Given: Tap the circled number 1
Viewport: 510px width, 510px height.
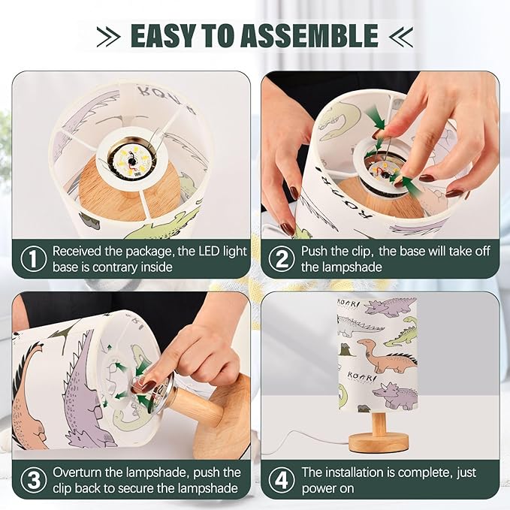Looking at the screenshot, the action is tap(34, 259).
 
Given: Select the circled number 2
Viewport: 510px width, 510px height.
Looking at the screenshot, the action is tap(282, 259).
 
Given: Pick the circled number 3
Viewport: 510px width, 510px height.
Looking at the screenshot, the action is tap(34, 480).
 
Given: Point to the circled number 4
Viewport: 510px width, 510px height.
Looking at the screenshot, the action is tap(282, 480).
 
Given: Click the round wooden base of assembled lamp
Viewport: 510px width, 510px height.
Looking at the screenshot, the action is tap(379, 442).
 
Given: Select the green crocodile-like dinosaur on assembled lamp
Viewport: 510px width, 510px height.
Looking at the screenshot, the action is tap(401, 336).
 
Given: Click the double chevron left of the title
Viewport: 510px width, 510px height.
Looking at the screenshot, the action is tap(108, 36).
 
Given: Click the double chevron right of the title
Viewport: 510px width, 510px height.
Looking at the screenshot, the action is tap(401, 36).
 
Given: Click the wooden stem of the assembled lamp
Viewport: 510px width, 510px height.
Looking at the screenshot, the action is tap(379, 423).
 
